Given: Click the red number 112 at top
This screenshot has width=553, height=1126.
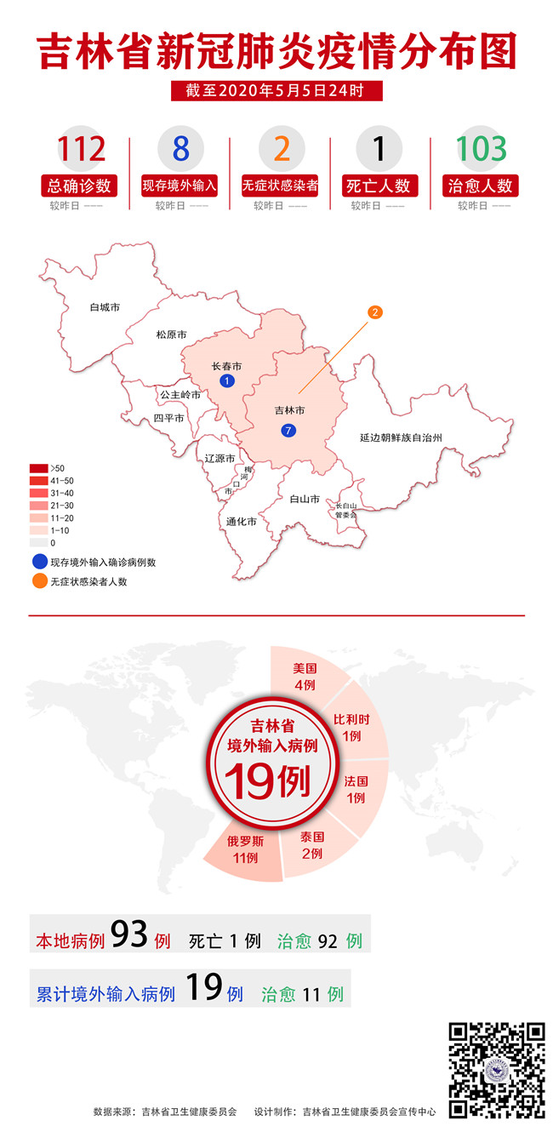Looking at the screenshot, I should (x=83, y=149).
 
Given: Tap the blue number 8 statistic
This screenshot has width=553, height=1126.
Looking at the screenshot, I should (x=180, y=149).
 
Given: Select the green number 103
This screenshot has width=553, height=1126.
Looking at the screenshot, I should (x=481, y=149).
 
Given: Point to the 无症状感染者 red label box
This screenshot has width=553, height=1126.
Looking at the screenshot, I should (x=280, y=186).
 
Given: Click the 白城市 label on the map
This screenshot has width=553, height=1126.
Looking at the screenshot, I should (x=105, y=306).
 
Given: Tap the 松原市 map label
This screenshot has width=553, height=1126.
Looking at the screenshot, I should (x=171, y=335).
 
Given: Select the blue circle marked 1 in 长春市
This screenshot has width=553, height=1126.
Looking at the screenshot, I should (x=226, y=380).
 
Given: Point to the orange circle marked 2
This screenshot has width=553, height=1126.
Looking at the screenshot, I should (x=374, y=312).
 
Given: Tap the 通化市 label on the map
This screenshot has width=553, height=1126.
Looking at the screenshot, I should (x=241, y=522).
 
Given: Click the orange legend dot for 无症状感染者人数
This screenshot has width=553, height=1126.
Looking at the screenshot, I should (x=39, y=581).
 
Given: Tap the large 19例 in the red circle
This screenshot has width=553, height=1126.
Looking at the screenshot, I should (x=268, y=781).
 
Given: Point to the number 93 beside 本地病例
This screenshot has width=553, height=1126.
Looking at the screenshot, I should (x=130, y=935).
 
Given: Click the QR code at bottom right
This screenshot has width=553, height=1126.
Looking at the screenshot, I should (x=497, y=1070).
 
